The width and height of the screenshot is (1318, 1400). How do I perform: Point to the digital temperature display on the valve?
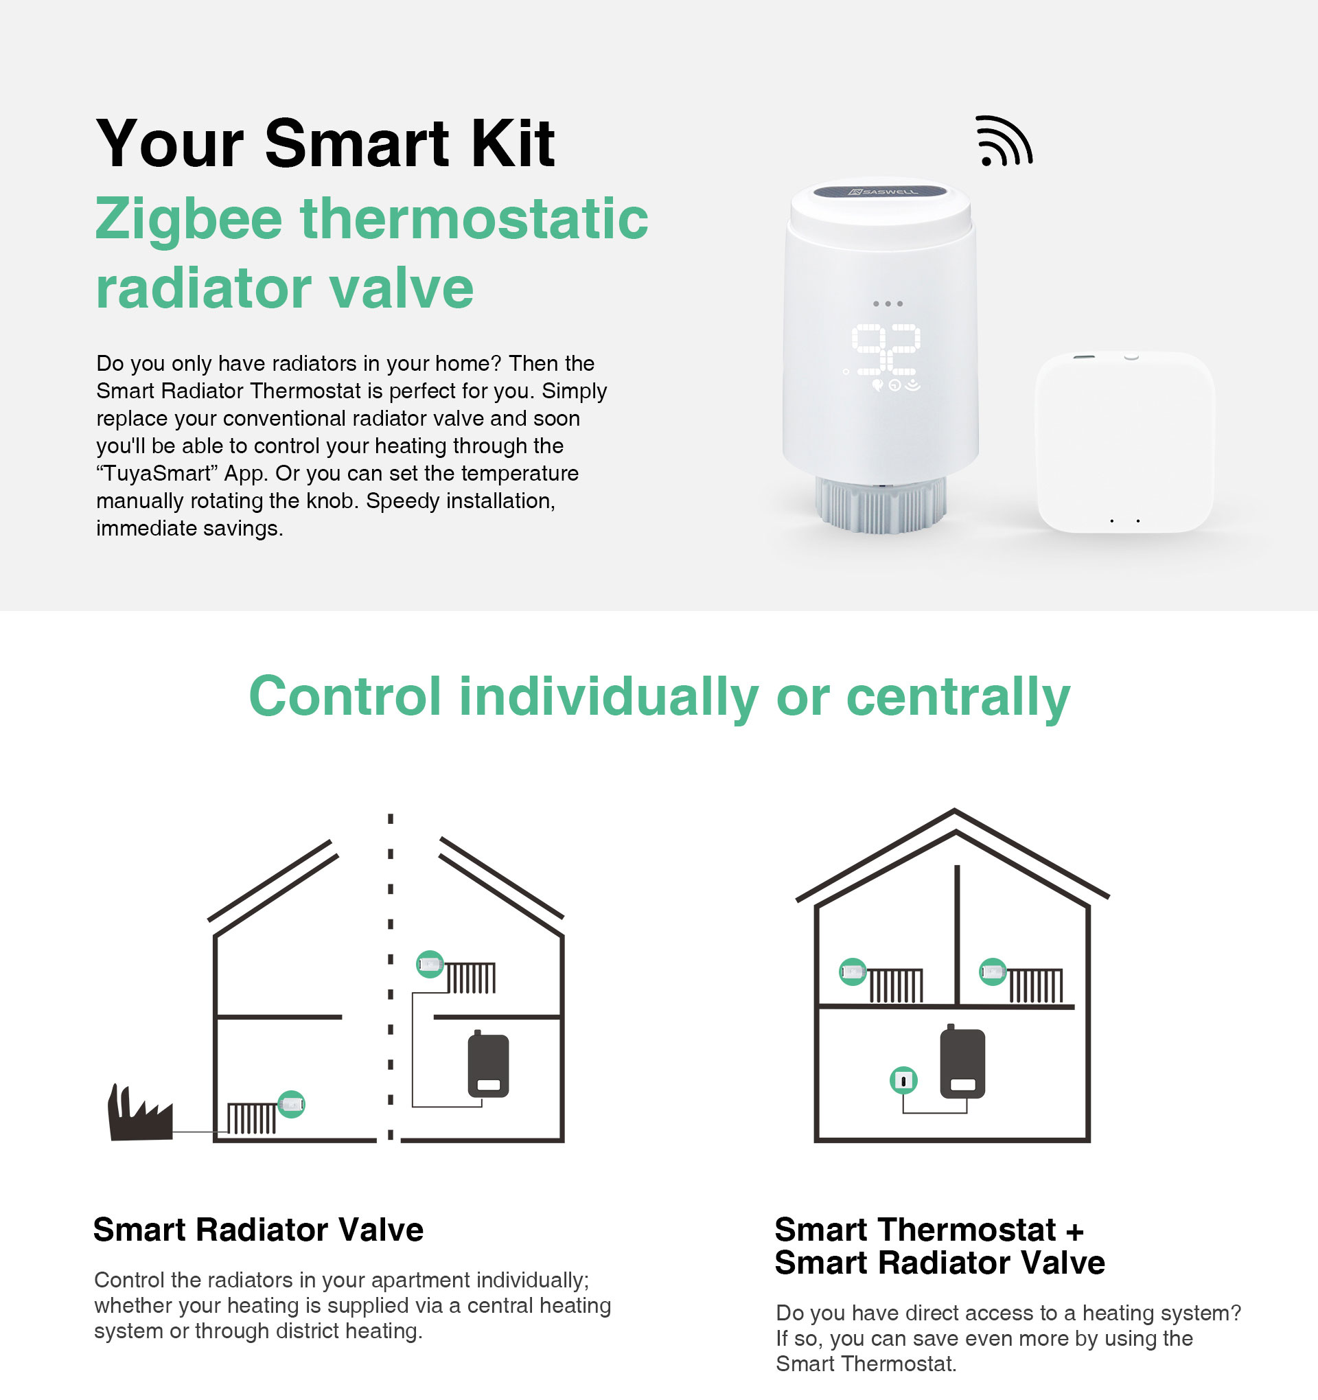pos(886,349)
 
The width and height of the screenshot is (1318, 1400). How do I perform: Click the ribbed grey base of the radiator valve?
pos(881,503)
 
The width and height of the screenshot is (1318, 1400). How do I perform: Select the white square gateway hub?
pos(1125,441)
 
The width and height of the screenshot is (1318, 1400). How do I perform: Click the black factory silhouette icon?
pos(139,1113)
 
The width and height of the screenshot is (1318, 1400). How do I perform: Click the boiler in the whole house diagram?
pos(962,1062)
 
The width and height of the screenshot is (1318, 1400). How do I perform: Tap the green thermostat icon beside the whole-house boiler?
pos(903,1079)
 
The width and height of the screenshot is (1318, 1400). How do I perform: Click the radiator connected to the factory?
pos(251,1118)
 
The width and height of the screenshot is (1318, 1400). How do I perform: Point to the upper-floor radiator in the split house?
pos(471,978)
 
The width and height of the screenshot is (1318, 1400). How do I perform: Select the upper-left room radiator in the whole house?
pos(896,985)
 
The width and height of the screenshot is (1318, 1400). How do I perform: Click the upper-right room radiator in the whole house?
pos(1036,985)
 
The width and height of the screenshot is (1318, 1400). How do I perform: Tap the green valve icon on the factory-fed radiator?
pos(292,1103)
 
